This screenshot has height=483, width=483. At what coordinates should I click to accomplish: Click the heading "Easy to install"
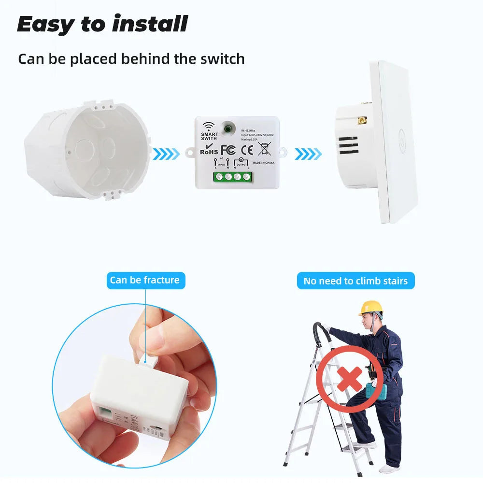click(x=102, y=24)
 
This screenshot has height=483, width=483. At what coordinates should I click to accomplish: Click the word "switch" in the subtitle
click(x=221, y=59)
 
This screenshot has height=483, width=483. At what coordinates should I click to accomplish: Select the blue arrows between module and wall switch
click(x=308, y=155)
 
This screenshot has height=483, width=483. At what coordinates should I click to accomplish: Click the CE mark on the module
click(x=247, y=149)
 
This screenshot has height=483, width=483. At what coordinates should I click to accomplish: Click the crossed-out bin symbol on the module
click(x=265, y=149)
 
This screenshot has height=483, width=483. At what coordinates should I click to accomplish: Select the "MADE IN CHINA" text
click(x=263, y=163)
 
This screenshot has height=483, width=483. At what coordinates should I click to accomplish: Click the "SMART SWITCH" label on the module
click(x=210, y=136)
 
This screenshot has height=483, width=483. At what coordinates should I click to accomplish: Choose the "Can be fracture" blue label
click(x=145, y=280)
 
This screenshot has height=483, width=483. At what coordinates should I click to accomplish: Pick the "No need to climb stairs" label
click(x=355, y=281)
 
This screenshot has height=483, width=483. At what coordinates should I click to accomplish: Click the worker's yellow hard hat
click(x=370, y=308)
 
